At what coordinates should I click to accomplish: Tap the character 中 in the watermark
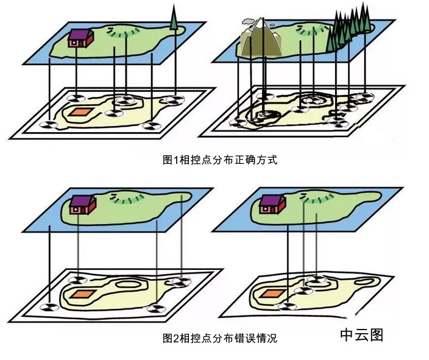pos(347,335)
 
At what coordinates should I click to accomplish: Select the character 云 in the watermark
pos(362,335)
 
